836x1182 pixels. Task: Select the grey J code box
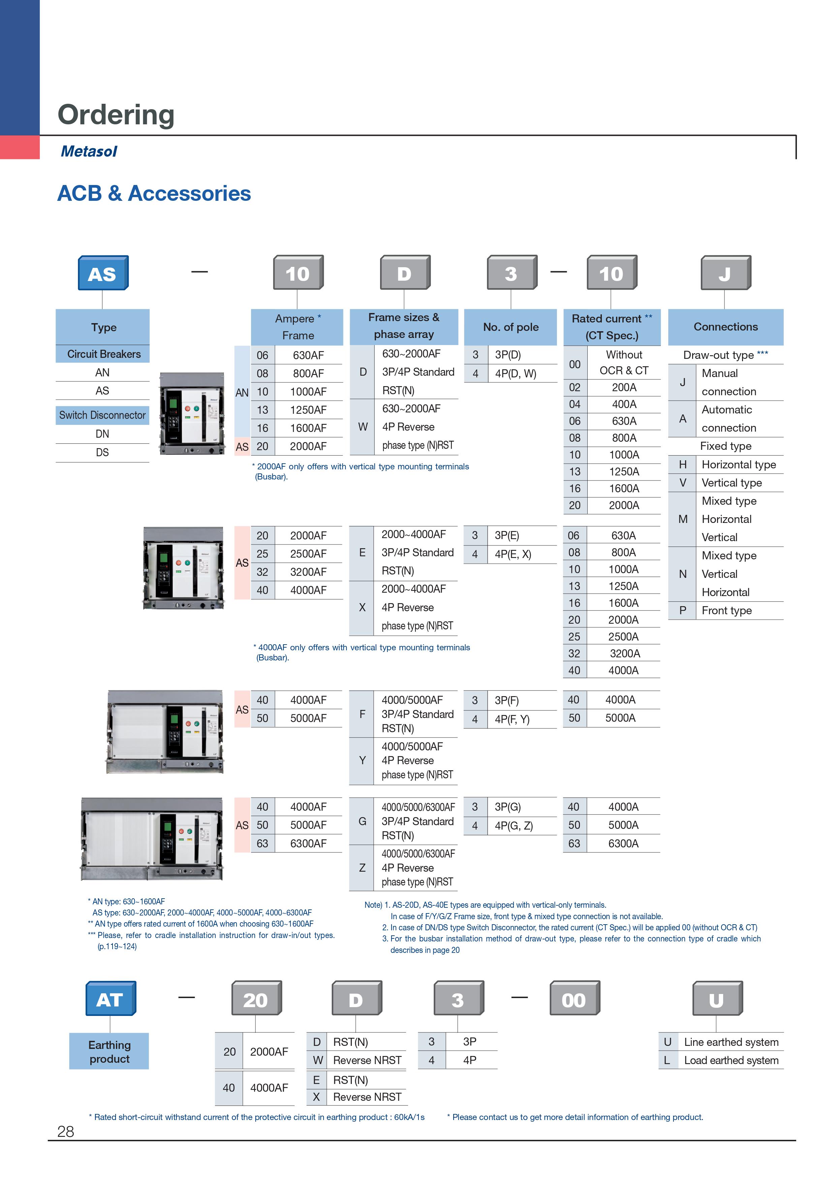(x=725, y=273)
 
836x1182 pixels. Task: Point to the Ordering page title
(x=116, y=114)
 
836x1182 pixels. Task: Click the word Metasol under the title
(x=89, y=151)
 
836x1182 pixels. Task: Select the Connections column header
(x=725, y=327)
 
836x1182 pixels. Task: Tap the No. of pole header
(x=510, y=327)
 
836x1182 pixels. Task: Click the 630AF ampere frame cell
(x=308, y=355)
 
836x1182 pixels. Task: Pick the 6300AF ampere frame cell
(x=308, y=843)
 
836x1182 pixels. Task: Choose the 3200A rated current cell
(x=624, y=653)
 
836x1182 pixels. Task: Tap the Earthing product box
(x=109, y=1052)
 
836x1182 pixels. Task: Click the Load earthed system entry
(x=731, y=1060)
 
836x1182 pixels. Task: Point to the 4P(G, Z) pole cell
(x=513, y=826)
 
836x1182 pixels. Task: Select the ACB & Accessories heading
(x=154, y=193)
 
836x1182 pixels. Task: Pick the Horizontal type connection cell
(x=739, y=464)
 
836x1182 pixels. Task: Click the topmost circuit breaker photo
(x=192, y=413)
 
